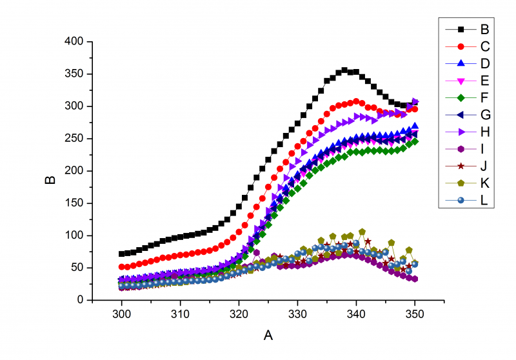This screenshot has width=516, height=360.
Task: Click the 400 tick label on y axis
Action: (75, 41)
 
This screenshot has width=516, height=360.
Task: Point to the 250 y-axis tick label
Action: (75, 139)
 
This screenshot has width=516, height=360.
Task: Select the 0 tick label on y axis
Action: (81, 300)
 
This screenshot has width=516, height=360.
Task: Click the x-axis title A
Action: (268, 335)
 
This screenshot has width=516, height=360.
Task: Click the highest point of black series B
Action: (344, 70)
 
